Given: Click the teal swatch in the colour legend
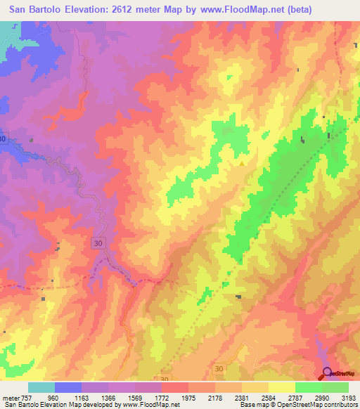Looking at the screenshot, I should tap(41, 388).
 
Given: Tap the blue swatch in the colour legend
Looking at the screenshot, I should tap(68, 388).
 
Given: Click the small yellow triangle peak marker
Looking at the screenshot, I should tap(243, 164).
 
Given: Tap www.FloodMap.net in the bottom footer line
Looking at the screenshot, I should tap(150, 405).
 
